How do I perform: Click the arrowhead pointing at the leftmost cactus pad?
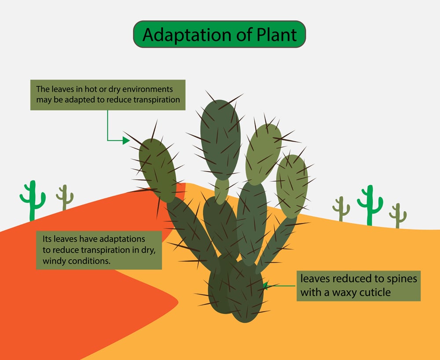click(x=126, y=141)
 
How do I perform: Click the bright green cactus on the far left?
click(x=32, y=201)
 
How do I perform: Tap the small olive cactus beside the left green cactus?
click(x=65, y=197)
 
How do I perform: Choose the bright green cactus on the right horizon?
click(x=370, y=205)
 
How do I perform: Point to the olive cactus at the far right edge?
click(x=398, y=215)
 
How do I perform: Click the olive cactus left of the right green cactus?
click(x=341, y=208)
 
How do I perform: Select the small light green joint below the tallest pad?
click(x=222, y=190)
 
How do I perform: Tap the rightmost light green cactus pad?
click(x=292, y=186)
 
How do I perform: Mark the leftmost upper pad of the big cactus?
click(x=158, y=169)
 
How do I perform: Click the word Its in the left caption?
click(x=48, y=239)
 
